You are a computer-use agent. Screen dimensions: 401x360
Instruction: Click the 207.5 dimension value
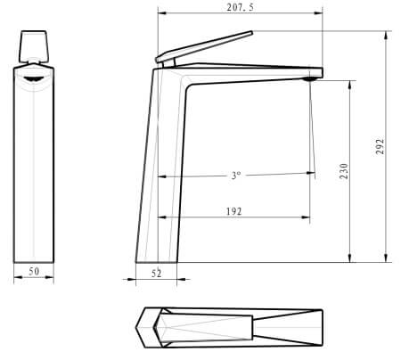coord(241,7)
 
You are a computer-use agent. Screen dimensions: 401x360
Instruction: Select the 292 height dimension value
coord(380,146)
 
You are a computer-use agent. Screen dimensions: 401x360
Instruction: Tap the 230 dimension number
coord(344,171)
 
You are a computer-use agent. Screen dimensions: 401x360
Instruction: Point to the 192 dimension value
coord(233,211)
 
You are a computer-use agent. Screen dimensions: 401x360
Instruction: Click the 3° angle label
coord(236,176)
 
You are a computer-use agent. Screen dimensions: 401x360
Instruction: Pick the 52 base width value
coord(157,274)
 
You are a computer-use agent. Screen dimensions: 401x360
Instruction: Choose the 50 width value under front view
coord(34,271)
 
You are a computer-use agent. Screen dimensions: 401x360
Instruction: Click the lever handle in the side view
coord(204,46)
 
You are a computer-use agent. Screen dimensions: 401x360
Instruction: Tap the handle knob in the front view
coord(34,46)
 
